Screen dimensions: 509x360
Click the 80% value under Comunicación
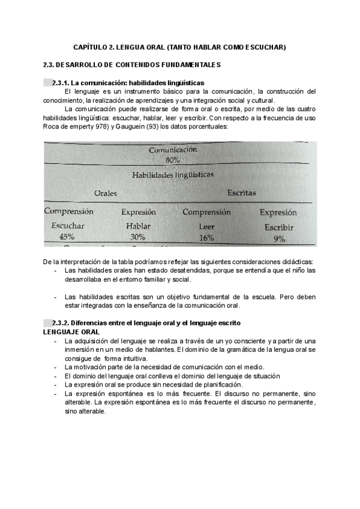click(173, 160)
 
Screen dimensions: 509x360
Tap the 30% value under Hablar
click(138, 237)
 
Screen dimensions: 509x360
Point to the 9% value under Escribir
click(279, 239)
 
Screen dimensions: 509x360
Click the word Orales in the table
click(106, 193)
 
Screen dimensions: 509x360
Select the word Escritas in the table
click(241, 193)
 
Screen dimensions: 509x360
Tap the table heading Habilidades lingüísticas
click(173, 175)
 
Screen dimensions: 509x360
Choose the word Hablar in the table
click(138, 226)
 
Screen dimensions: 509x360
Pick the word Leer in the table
click(206, 227)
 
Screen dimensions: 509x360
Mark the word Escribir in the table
click(280, 228)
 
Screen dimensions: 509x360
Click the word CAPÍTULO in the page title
click(92, 46)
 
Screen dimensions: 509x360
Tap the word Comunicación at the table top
click(173, 150)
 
